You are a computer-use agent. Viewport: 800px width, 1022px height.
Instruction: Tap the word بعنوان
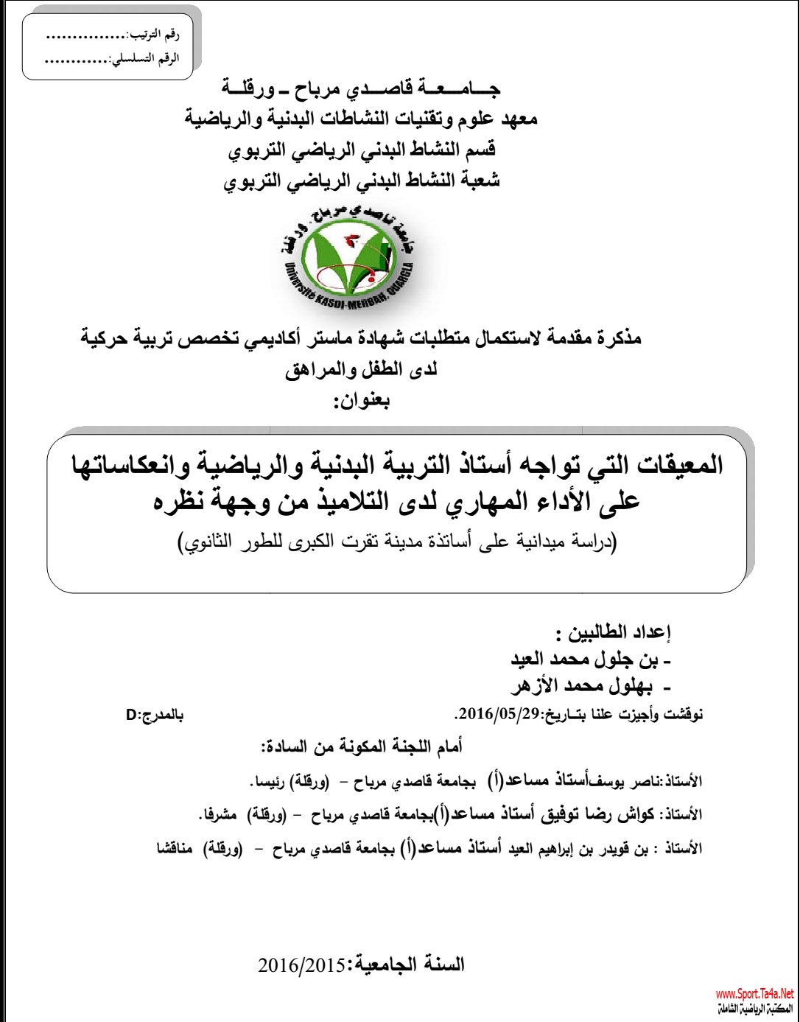tap(362, 402)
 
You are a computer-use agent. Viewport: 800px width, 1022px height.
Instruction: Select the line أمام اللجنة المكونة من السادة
tap(362, 747)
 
